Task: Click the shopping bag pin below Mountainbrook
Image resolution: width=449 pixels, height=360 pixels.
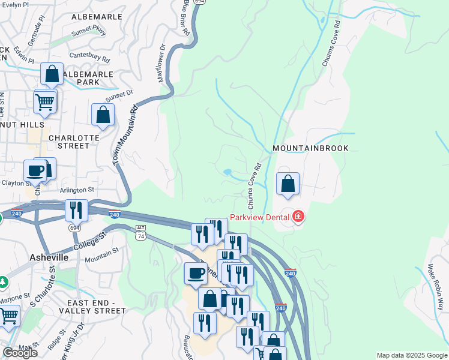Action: point(288,184)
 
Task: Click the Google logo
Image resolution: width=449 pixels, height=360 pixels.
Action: point(20,353)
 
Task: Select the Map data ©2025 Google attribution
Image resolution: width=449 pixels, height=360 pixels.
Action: point(412,355)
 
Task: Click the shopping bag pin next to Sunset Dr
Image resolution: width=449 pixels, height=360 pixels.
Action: point(103,115)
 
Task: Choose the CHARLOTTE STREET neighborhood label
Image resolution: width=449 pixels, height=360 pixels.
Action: point(73,141)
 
